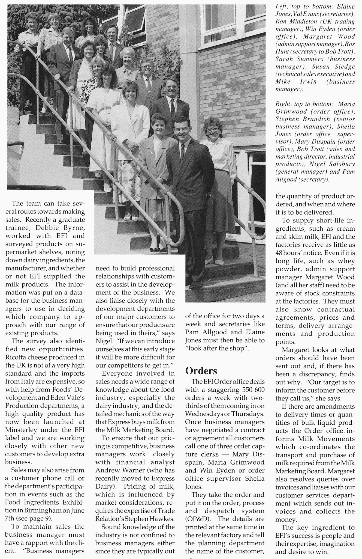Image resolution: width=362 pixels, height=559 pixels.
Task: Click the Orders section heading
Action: pyautogui.click(x=201, y=371)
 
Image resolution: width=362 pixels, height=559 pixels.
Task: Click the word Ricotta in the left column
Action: pyautogui.click(x=17, y=357)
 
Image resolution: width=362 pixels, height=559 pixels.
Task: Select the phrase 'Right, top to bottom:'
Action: pyautogui.click(x=303, y=104)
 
